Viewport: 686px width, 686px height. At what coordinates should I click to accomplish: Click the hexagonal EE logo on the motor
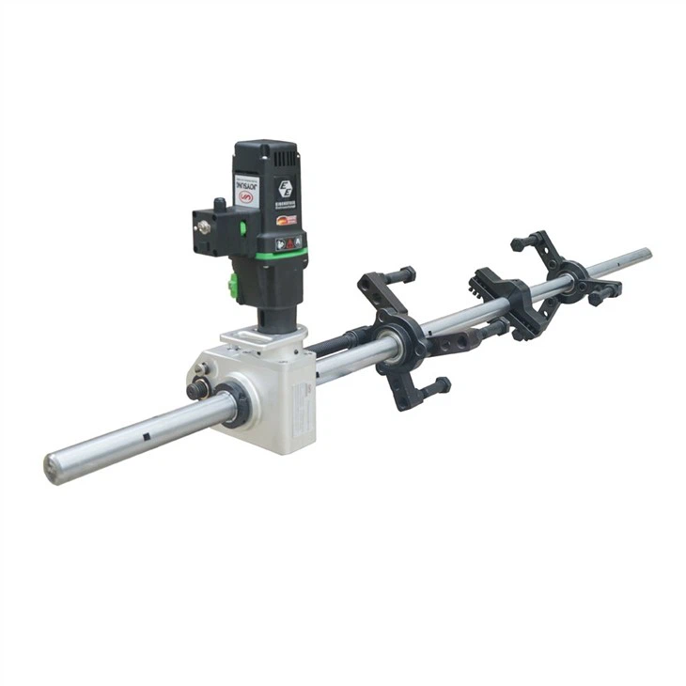[284, 186]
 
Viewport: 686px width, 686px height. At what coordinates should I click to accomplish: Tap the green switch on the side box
[242, 226]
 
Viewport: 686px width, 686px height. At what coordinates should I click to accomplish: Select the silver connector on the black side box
[201, 226]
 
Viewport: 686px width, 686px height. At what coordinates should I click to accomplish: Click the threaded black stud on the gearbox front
[198, 388]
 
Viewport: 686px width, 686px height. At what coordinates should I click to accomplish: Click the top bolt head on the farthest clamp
[520, 243]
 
